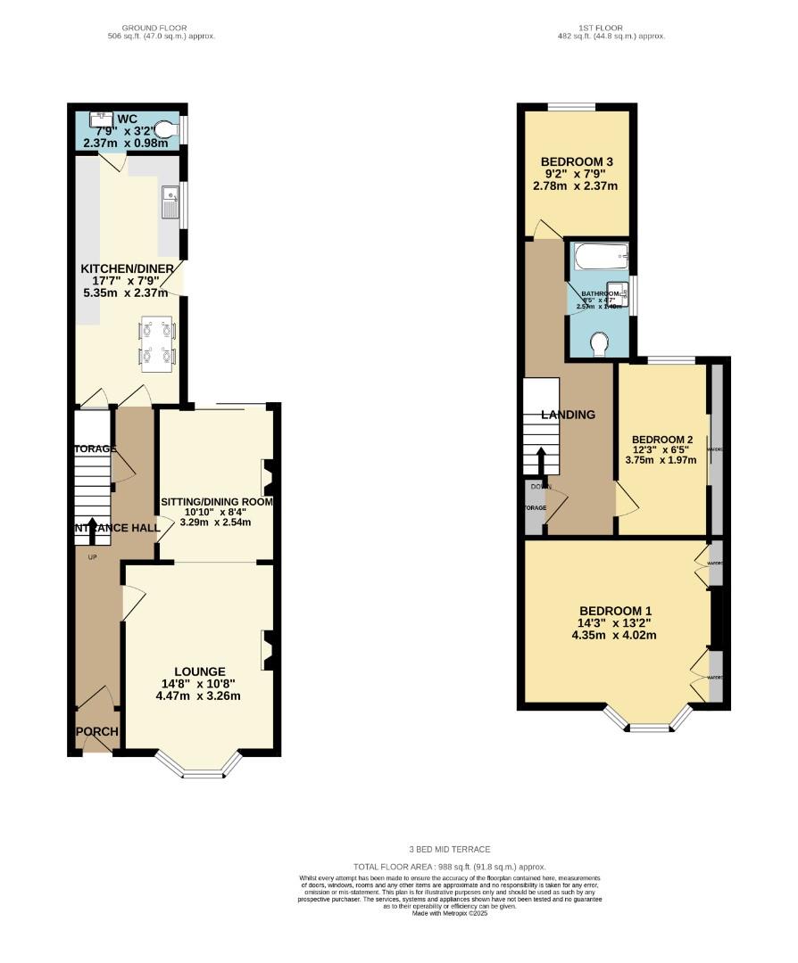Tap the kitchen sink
[x=170, y=202]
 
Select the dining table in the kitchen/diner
[x=158, y=344]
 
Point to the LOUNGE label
[x=200, y=671]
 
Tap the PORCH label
[x=96, y=732]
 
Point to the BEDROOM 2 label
[x=662, y=440]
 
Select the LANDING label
[x=569, y=415]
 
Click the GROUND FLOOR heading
[x=160, y=28]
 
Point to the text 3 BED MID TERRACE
[x=449, y=850]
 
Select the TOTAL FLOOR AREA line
[x=449, y=867]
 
